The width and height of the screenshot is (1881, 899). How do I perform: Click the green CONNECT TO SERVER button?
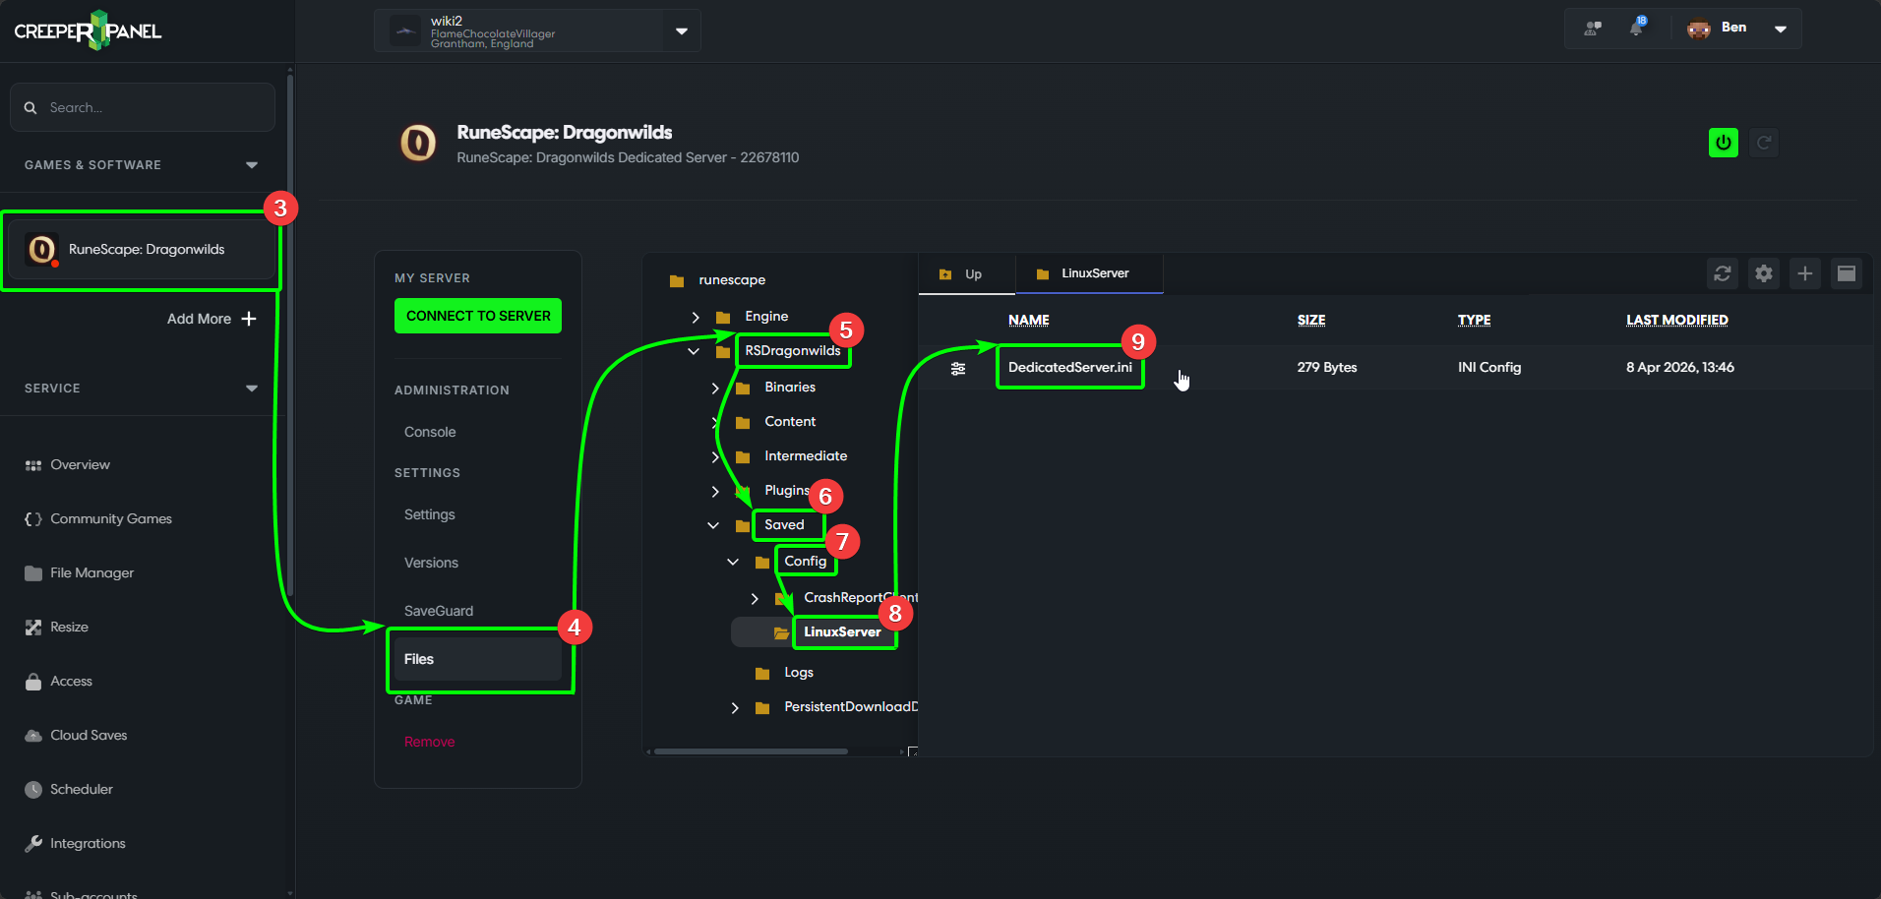coord(478,316)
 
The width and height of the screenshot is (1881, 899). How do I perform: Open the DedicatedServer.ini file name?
coord(1069,367)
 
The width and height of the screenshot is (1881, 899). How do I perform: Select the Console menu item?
coord(430,432)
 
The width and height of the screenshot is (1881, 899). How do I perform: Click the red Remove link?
coord(429,742)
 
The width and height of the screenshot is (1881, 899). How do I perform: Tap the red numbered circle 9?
coord(1138,341)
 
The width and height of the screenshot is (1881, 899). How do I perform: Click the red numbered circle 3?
coord(280,208)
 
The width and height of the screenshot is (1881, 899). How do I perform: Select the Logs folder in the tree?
coord(798,673)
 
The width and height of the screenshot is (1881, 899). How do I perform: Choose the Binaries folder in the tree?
coord(789,388)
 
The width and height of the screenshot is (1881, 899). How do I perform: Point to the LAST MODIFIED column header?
coord(1676,320)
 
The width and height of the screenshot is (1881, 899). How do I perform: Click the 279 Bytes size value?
coord(1326,367)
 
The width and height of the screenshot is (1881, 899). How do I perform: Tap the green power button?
coord(1723,143)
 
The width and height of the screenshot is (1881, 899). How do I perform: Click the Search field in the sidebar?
coord(143,107)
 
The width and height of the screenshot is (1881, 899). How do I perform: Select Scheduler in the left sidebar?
coord(81,789)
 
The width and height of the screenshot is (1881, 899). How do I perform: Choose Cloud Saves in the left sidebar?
coord(89,735)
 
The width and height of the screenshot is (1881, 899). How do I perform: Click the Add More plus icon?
coord(249,319)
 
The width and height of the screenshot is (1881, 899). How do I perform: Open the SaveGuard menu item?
coord(438,611)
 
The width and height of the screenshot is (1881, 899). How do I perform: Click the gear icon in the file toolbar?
coord(1763,273)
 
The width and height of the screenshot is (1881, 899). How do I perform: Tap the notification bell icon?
coord(1636,29)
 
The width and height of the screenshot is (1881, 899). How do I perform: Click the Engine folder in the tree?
coord(765,317)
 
